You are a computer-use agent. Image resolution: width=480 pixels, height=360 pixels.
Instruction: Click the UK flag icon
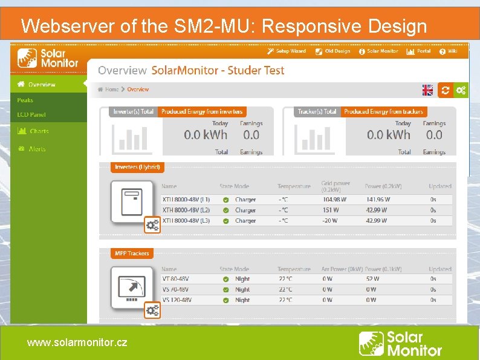pyautogui.click(x=427, y=90)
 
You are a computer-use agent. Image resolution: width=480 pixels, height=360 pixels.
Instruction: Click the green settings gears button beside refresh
pyautogui.click(x=461, y=90)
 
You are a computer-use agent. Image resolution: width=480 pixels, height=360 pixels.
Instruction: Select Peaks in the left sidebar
pyautogui.click(x=25, y=100)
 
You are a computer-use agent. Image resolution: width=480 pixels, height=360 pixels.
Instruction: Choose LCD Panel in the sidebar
pyautogui.click(x=31, y=115)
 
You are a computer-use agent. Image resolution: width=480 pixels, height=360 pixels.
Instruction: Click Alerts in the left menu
pyautogui.click(x=37, y=149)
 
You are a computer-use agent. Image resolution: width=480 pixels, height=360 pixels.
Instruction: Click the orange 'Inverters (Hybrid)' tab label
pyautogui.click(x=137, y=167)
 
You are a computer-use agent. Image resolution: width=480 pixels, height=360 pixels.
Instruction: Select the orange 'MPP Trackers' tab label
pyautogui.click(x=132, y=254)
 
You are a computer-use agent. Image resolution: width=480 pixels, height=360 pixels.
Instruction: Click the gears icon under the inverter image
pyautogui.click(x=152, y=225)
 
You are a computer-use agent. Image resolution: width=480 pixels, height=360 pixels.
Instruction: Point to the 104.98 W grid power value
pyautogui.click(x=334, y=200)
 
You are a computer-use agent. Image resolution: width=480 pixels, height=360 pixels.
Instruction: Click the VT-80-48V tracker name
pyautogui.click(x=175, y=279)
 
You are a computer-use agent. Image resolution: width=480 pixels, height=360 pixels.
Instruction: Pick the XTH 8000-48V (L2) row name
pyautogui.click(x=186, y=211)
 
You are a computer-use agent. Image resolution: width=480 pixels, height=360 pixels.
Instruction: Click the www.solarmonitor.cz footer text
pyautogui.click(x=77, y=342)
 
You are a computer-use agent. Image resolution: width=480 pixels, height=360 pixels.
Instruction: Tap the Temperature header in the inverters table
pyautogui.click(x=294, y=186)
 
